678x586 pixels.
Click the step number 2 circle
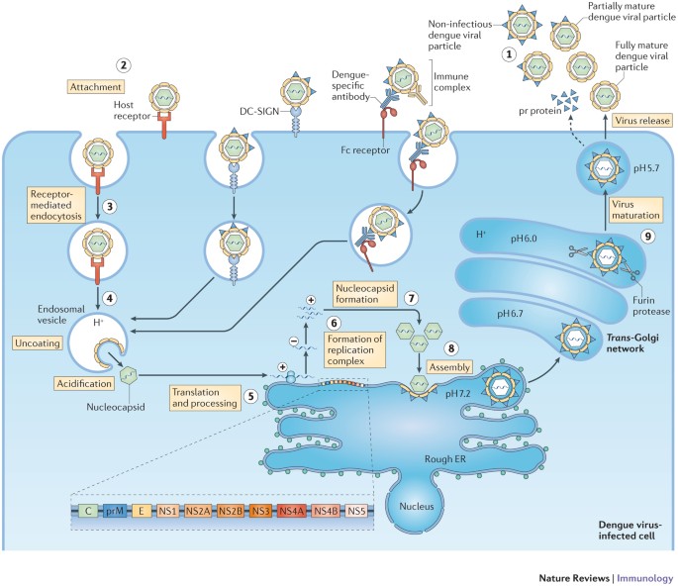(124, 66)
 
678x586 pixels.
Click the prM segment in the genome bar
(114, 511)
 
